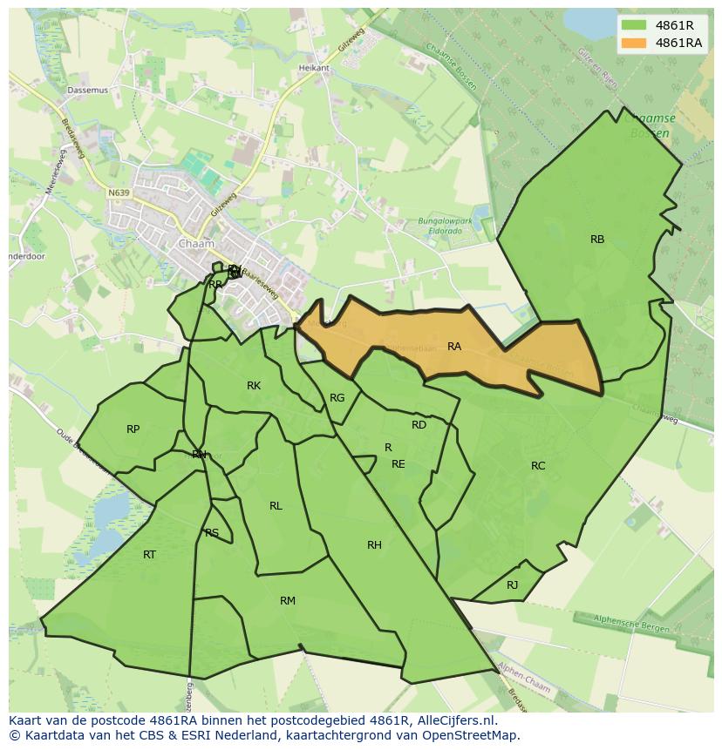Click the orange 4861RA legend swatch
[634, 43]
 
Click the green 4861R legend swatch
[634, 25]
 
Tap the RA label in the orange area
[453, 347]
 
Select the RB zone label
[596, 240]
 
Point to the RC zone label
[538, 466]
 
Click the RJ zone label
[512, 585]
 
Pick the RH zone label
[374, 545]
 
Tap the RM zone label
[288, 601]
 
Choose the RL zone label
[276, 506]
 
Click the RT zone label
[149, 555]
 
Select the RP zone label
[133, 429]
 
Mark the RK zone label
[253, 386]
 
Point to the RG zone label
[337, 398]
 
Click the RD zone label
[419, 425]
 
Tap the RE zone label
[398, 464]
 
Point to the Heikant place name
[314, 68]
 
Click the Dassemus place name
[87, 90]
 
